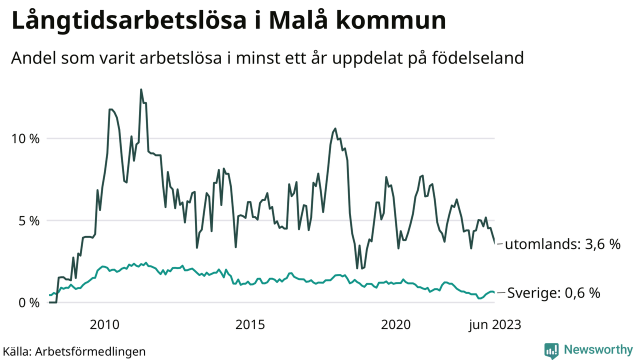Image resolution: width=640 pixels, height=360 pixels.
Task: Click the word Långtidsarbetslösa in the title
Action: pos(131,21)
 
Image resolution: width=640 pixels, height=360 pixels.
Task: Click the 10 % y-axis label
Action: pos(25,138)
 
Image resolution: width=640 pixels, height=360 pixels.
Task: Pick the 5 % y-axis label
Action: pos(28,220)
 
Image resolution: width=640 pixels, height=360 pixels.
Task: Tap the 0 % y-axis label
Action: pos(28,302)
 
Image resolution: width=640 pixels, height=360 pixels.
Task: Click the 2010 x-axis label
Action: pos(104,325)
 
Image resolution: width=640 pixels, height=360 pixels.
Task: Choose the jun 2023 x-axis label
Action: pos(494,325)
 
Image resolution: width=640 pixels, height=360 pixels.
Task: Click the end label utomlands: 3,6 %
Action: pos(562,244)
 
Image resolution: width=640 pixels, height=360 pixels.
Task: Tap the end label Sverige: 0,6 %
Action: pos(553,293)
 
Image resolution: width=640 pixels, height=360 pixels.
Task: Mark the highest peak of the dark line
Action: pos(141,90)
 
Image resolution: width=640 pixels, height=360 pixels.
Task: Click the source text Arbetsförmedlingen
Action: pos(90,351)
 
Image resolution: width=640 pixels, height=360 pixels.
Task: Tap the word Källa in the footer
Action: pos(16,351)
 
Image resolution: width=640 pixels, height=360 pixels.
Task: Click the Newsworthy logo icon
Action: pos(551,350)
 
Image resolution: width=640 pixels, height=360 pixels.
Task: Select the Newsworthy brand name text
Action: pos(598,350)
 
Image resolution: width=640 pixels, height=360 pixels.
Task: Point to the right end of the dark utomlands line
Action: pos(495,243)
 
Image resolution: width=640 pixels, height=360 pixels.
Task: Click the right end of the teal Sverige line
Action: pos(494,292)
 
